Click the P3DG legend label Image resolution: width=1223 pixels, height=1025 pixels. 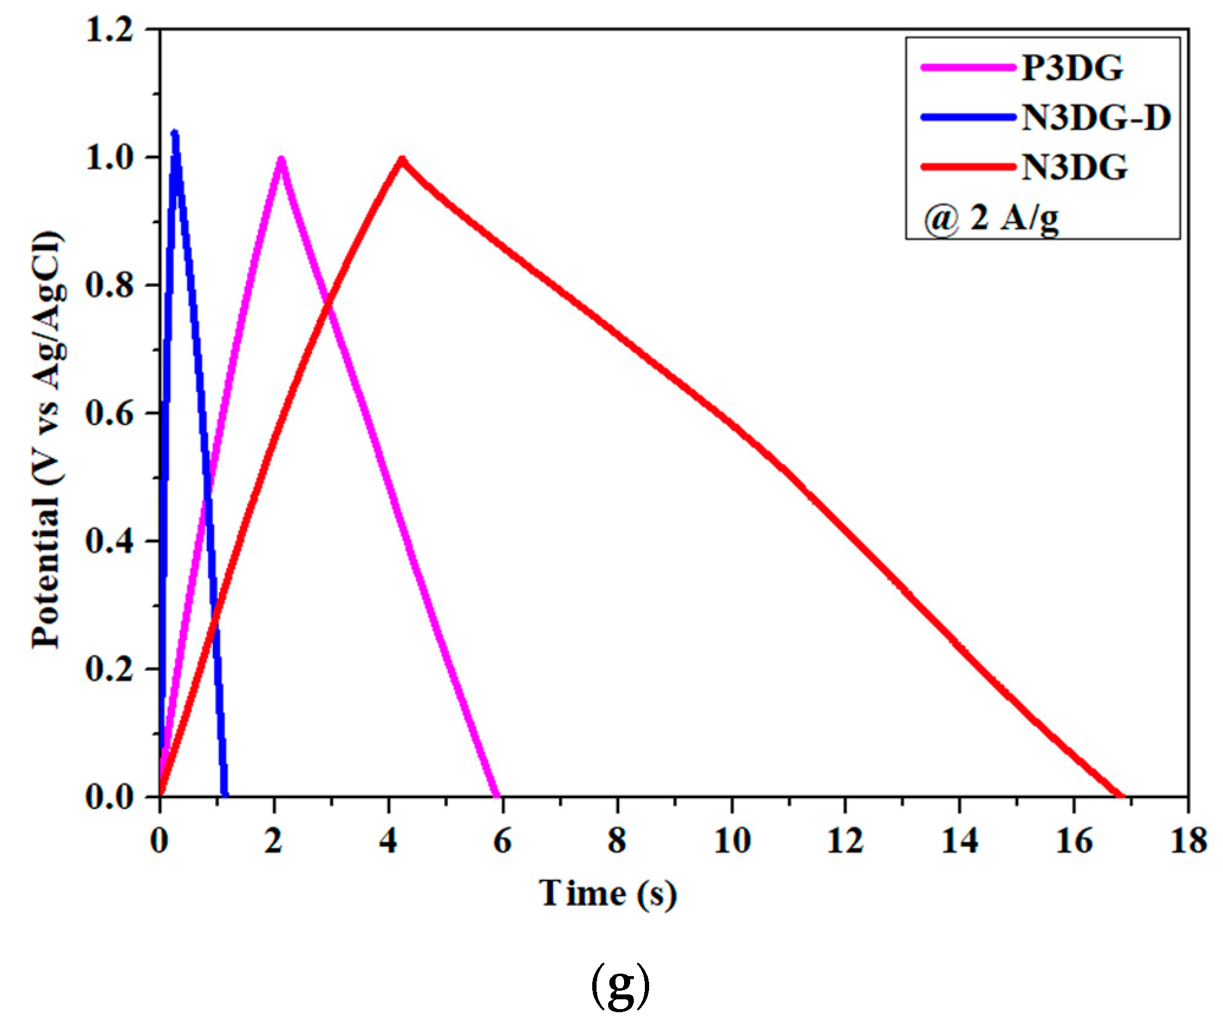[x=1072, y=67]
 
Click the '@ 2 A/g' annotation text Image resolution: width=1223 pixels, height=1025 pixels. [x=991, y=218]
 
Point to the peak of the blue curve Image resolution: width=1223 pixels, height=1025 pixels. [x=175, y=133]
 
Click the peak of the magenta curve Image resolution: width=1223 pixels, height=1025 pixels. [x=281, y=159]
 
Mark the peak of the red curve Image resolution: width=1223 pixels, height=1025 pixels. [x=402, y=159]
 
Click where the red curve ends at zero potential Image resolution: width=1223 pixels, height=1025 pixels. [x=1121, y=796]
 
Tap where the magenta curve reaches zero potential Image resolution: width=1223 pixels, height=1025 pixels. [x=497, y=796]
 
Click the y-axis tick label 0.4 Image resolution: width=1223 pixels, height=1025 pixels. [x=110, y=541]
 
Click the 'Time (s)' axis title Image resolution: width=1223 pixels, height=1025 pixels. [x=608, y=894]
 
